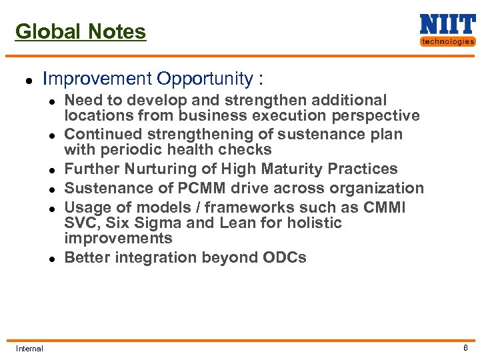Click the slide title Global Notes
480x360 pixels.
[80, 31]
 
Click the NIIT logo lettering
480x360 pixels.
[447, 25]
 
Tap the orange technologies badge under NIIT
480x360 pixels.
[447, 41]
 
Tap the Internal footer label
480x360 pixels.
[29, 348]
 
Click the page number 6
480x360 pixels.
[465, 348]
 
